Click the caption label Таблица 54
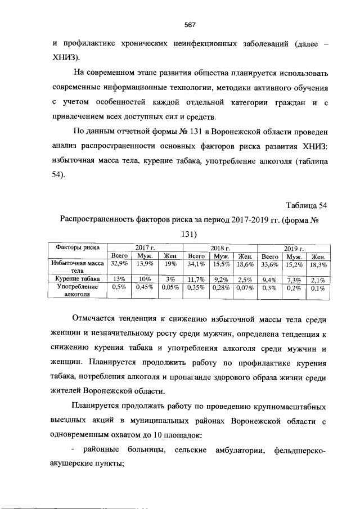pyautogui.click(x=306, y=204)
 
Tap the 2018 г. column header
pyautogui.click(x=220, y=248)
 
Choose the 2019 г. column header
pyautogui.click(x=293, y=248)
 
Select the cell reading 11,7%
pyautogui.click(x=197, y=278)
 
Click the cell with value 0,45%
pyautogui.click(x=145, y=287)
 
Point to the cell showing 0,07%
pyautogui.click(x=244, y=287)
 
